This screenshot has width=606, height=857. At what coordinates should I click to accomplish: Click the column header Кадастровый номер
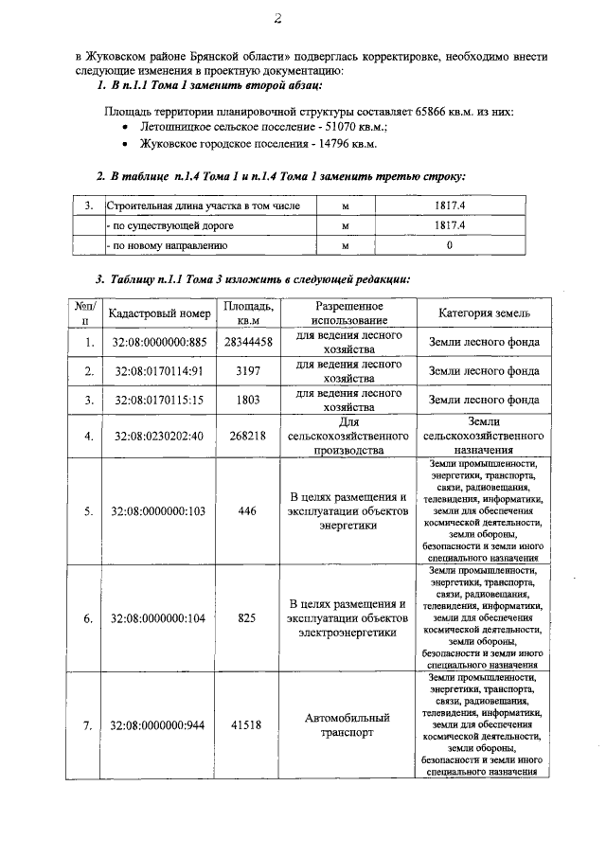pos(160,313)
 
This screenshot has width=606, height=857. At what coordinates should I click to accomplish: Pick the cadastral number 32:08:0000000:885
pos(160,343)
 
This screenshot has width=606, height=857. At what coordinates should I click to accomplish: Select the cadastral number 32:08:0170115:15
pos(160,401)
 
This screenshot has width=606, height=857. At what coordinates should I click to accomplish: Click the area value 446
pos(247,511)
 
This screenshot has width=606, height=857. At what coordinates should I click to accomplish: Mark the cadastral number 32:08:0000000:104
pos(160,618)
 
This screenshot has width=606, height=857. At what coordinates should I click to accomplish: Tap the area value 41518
pos(247,725)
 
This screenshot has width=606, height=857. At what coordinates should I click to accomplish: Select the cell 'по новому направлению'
pos(168,245)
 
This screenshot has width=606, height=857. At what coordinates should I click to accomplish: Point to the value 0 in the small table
pos(450,245)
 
